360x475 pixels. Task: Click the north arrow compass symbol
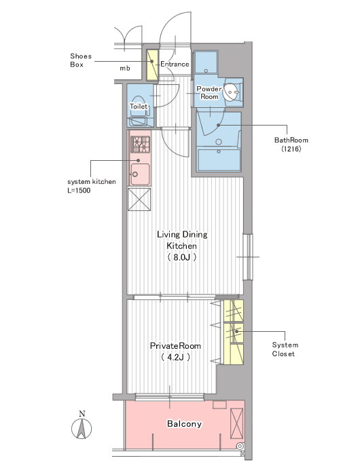82,428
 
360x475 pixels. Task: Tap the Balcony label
184,423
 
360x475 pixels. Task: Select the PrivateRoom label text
175,345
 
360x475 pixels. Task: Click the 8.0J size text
181,257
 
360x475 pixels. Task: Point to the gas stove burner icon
140,145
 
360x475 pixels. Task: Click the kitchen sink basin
140,174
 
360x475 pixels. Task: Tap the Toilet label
139,107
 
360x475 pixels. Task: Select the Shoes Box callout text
81,60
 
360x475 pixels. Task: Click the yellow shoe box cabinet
153,65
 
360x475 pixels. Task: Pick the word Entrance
175,64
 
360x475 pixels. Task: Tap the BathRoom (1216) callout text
291,145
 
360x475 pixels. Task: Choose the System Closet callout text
285,349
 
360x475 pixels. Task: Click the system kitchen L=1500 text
91,186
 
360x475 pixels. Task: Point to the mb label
125,69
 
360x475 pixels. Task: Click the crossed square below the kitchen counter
139,199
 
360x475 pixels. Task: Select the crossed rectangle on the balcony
236,423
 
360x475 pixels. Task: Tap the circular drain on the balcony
240,446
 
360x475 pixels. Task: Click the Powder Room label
209,93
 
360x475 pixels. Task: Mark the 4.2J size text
176,357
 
